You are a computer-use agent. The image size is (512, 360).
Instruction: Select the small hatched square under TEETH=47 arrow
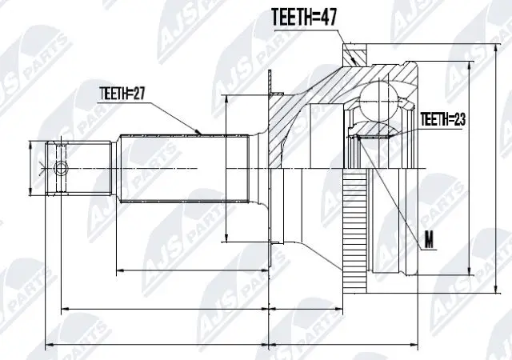pos(354,57)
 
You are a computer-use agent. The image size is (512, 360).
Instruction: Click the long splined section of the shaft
pos(172,167)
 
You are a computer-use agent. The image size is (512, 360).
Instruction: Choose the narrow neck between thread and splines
pos(114,167)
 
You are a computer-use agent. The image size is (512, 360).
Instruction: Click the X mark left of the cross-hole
pos(42,167)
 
